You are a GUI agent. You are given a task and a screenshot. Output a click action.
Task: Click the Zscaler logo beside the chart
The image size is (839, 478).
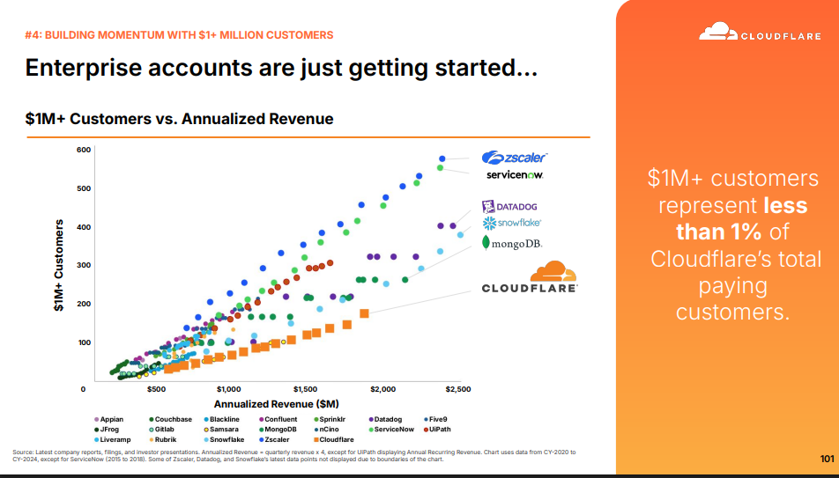515,158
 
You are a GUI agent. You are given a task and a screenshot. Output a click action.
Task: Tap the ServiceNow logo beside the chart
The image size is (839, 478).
515,175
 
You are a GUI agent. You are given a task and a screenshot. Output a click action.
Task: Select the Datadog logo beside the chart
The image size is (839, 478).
509,206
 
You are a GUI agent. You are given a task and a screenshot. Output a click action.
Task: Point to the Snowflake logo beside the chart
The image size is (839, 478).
511,223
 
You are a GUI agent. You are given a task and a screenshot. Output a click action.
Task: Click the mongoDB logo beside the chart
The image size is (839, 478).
513,243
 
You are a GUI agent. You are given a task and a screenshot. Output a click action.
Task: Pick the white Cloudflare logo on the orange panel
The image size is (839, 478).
760,32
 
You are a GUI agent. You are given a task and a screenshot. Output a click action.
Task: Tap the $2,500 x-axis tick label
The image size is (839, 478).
459,389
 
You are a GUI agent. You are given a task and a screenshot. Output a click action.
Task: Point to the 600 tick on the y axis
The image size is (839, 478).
83,150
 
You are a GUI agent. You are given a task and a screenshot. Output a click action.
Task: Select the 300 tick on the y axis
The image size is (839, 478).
83,265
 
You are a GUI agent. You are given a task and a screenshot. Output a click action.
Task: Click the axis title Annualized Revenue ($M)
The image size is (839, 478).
277,404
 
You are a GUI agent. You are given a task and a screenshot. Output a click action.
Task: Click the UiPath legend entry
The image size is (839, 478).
438,430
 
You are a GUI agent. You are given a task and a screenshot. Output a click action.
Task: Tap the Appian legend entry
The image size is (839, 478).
108,420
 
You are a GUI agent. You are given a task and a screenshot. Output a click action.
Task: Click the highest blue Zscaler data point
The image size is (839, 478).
442,158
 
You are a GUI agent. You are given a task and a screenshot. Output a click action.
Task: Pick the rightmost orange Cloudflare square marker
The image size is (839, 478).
364,313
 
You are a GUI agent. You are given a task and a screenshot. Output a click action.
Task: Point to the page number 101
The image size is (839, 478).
827,459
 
